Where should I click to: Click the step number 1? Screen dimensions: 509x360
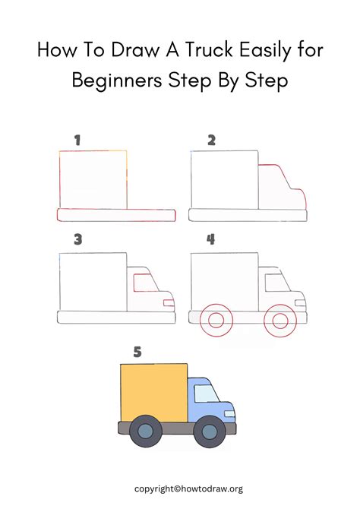(x=77, y=140)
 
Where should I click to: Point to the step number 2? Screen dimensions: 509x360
(x=211, y=140)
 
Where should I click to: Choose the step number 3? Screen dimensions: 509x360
(x=77, y=239)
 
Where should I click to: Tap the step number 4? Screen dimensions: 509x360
(x=210, y=239)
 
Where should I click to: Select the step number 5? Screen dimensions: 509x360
(x=137, y=352)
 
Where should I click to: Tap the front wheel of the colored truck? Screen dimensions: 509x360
(x=208, y=432)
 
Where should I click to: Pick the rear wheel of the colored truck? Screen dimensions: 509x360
(x=145, y=432)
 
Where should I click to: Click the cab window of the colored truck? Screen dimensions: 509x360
(x=204, y=394)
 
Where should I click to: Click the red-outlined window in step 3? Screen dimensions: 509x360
(x=144, y=283)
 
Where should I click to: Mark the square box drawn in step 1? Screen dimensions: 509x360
(x=93, y=179)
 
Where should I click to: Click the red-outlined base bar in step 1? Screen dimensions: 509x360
(x=116, y=215)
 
